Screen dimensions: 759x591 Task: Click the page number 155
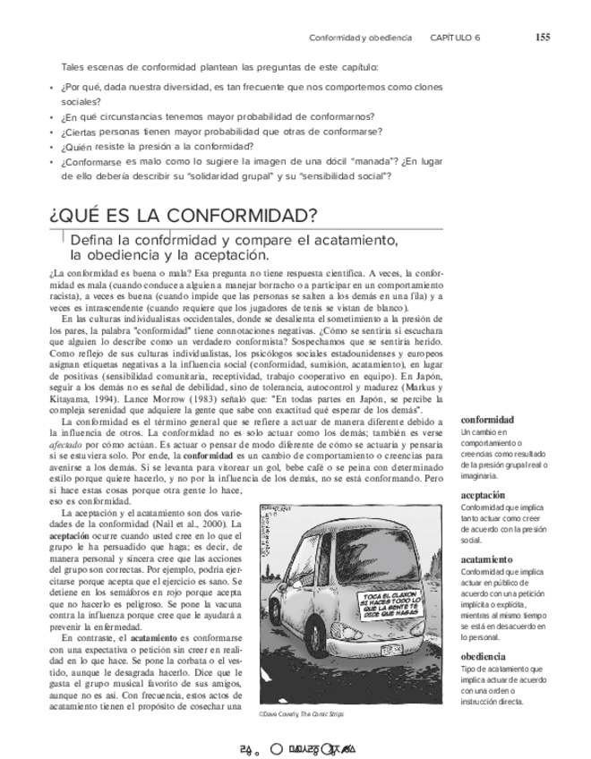tap(543, 38)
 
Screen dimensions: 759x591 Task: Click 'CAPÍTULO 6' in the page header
tap(455, 38)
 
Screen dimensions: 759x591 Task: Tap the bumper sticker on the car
tap(390, 606)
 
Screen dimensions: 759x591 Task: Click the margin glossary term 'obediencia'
tap(484, 656)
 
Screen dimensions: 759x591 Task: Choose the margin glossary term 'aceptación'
tap(484, 495)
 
